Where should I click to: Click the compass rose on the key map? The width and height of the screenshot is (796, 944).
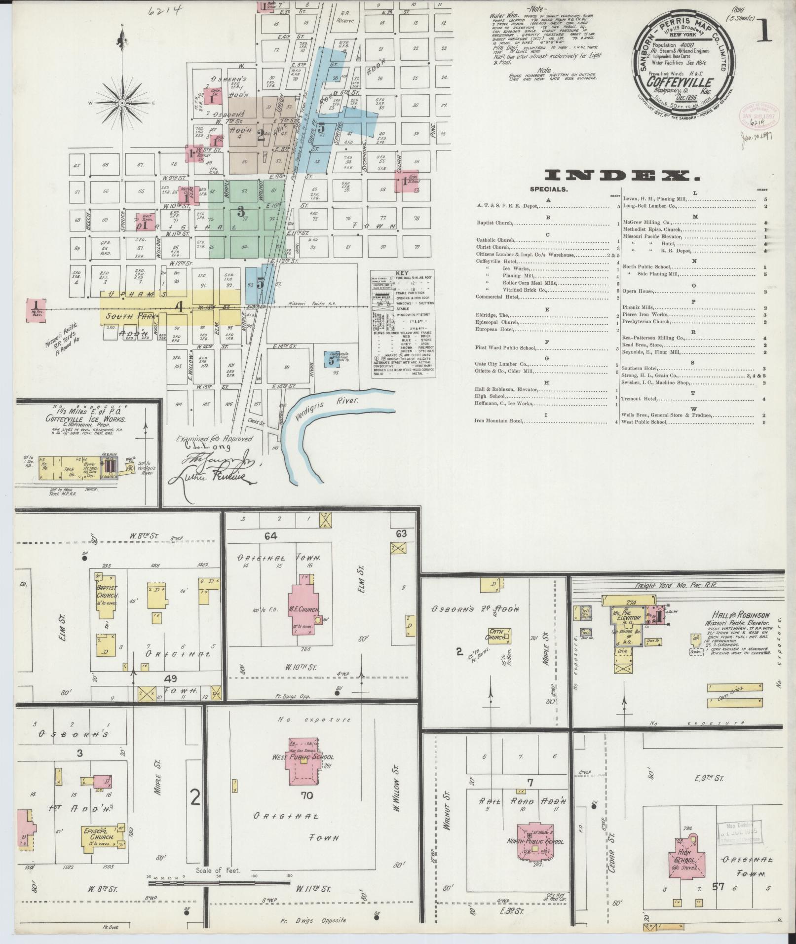(x=122, y=102)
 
